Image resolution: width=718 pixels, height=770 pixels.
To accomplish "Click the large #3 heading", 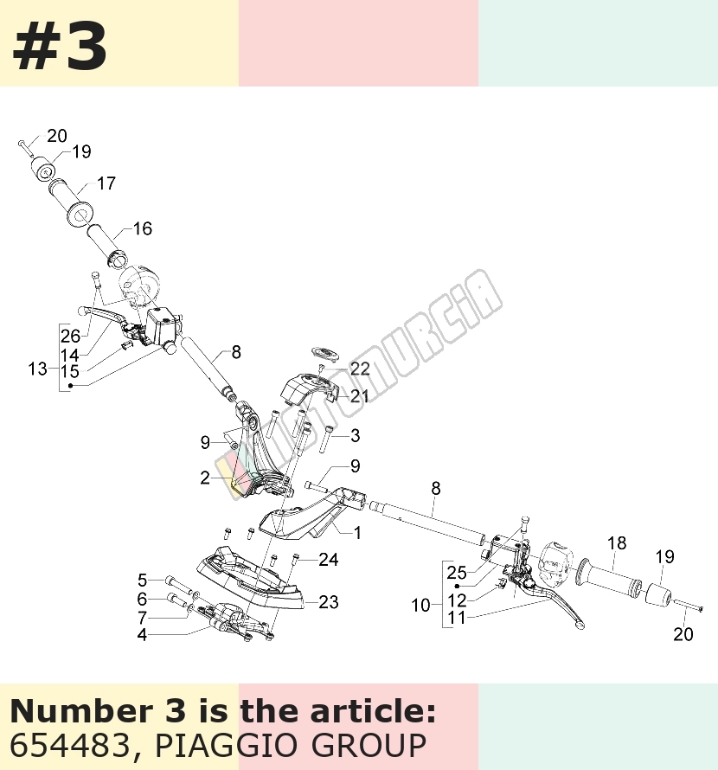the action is coord(60,47).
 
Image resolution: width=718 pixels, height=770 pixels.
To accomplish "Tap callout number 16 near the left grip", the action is coord(143,228).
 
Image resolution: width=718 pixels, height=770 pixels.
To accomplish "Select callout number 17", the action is coord(106,183).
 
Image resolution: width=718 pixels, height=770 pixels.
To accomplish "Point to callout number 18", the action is coord(617,542).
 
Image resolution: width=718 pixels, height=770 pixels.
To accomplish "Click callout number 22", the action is coord(360,369).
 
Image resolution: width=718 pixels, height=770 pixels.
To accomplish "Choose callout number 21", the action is coord(359,395).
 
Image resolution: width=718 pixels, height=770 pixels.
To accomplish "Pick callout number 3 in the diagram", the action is coord(355,435).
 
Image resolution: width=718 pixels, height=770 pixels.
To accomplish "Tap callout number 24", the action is coord(329,559).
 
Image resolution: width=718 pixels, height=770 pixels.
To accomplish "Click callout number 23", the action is coord(329,602).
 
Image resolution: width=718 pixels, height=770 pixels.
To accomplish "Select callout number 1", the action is coord(357,532).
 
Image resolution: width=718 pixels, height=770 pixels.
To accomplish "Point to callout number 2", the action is coord(205,478).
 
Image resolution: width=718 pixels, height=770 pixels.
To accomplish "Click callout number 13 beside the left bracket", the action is coord(37,369).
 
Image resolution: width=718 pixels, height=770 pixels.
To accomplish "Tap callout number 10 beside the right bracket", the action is coord(421,606).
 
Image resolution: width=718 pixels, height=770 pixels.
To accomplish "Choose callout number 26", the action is coord(70,336).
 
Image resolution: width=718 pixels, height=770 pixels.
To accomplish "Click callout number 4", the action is coord(142,634).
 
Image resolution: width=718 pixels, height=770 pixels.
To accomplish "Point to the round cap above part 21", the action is coord(324,353).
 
